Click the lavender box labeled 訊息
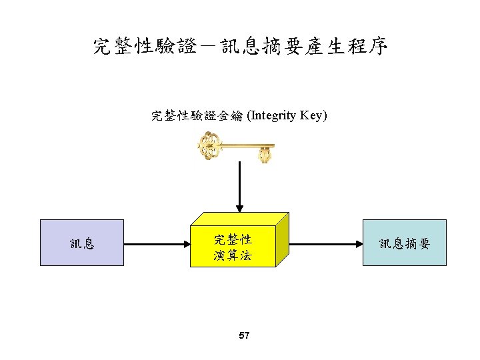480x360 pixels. click(x=82, y=243)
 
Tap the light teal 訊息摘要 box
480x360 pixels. click(x=404, y=243)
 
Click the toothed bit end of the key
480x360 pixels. click(x=265, y=155)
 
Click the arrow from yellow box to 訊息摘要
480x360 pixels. click(x=325, y=244)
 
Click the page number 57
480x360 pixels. click(x=243, y=335)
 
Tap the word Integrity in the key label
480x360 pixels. click(x=273, y=116)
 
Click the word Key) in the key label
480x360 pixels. click(x=313, y=116)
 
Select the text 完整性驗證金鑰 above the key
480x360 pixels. click(x=198, y=116)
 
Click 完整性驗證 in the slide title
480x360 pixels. click(x=145, y=47)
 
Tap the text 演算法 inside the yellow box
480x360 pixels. click(x=233, y=255)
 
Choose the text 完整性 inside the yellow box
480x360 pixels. click(x=233, y=239)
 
